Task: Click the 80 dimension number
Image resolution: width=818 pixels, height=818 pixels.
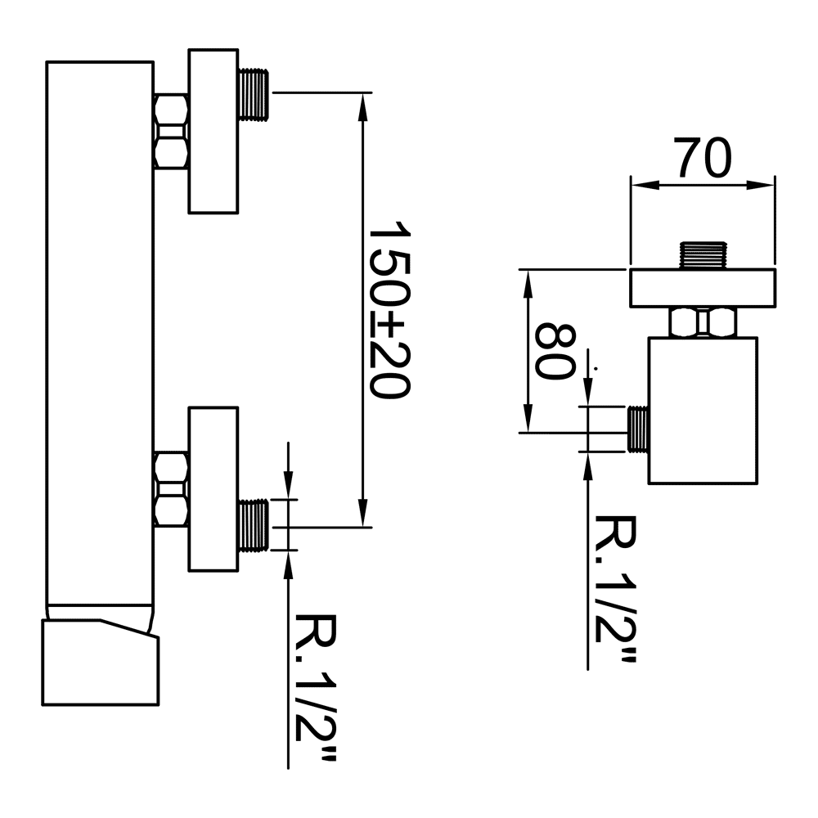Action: pos(556,352)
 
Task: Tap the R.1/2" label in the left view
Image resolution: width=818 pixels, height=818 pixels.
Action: pos(316,688)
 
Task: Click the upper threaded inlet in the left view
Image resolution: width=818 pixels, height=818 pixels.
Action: pos(254,94)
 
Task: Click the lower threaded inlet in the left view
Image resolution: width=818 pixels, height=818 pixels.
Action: pos(254,525)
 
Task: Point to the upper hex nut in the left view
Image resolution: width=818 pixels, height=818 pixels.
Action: pos(171,131)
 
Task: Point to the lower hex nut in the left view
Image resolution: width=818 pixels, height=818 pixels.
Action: pos(171,489)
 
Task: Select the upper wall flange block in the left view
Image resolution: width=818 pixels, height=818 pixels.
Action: pos(213,131)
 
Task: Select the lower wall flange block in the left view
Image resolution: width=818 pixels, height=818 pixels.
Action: pos(213,489)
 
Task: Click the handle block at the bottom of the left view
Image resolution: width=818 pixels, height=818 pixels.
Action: pos(100,662)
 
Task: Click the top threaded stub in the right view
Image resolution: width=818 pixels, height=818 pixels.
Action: pos(703,255)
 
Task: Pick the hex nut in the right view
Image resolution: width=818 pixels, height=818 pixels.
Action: pos(703,322)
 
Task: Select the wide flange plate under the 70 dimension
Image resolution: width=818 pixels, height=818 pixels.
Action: pos(702,288)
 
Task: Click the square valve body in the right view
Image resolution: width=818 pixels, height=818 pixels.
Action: pos(703,411)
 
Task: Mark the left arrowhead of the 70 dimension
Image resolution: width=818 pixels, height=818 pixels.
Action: pos(644,185)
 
